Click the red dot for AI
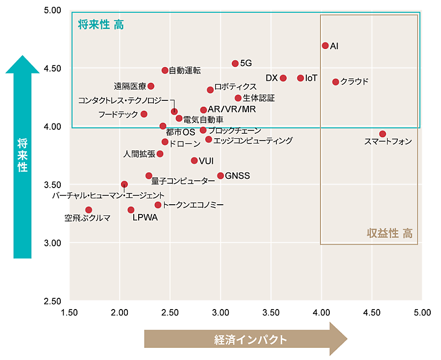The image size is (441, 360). (x=325, y=46)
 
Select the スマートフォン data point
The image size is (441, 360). (x=383, y=134)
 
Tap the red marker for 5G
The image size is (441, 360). (x=235, y=64)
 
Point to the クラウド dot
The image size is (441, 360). (x=336, y=82)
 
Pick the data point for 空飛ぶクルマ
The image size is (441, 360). (x=89, y=210)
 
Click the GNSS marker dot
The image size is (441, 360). (x=220, y=176)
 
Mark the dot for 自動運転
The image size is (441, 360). (x=165, y=71)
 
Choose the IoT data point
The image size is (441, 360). (x=300, y=78)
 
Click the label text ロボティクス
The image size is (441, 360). (x=235, y=87)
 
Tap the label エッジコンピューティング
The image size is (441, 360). (x=253, y=141)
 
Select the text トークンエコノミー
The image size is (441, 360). (x=193, y=205)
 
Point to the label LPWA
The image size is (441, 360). (x=146, y=218)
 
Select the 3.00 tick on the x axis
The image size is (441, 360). (x=220, y=312)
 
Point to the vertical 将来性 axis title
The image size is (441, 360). (x=22, y=155)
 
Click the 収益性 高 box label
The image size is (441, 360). (x=390, y=233)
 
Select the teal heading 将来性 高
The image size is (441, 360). (x=101, y=25)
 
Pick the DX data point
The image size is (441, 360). (x=283, y=78)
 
